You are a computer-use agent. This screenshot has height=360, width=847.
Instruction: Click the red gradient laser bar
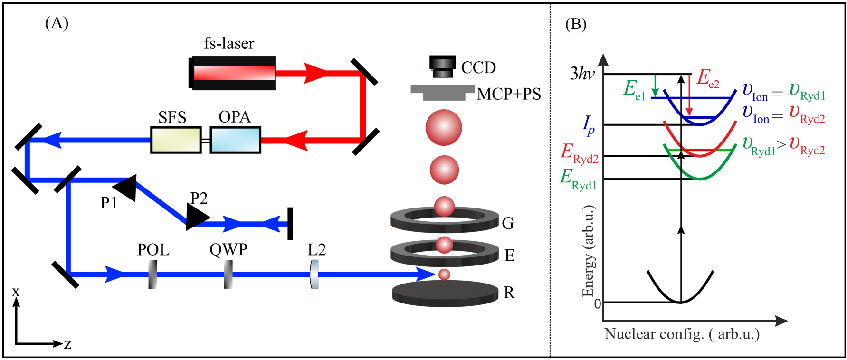pos(234,73)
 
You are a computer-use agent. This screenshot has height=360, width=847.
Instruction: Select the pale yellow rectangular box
pos(176,140)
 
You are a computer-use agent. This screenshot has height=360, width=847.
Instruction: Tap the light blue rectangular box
pos(235,140)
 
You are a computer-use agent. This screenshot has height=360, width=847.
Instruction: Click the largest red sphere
pos(443,128)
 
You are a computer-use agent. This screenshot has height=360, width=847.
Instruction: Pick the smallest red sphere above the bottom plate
pos(444,275)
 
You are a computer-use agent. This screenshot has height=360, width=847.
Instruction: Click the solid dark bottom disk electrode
pos(445,293)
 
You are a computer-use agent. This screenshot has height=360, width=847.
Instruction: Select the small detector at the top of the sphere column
pos(443,68)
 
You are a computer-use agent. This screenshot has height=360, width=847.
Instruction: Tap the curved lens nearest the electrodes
pos(314,274)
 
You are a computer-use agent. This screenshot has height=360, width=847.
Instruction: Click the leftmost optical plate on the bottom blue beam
pos(152,274)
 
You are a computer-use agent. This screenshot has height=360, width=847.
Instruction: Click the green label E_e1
pos(634,89)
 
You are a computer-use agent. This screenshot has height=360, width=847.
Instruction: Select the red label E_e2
pos(707,78)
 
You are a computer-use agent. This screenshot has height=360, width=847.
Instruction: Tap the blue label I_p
pos(588,125)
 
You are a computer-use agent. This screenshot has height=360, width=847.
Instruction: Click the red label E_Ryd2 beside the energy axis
pos(579,153)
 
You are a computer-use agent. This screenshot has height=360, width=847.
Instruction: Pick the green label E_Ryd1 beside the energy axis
pos(578,179)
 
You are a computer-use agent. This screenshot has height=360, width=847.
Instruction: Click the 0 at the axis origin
pos(597,303)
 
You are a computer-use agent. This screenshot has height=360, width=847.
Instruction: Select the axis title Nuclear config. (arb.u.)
pos(682,334)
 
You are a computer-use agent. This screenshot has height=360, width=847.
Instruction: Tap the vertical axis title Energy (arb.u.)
pos(589,251)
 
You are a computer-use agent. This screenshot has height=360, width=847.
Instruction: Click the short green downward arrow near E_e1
pos(655,86)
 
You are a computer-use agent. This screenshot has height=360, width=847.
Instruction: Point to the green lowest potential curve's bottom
pos(700,179)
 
